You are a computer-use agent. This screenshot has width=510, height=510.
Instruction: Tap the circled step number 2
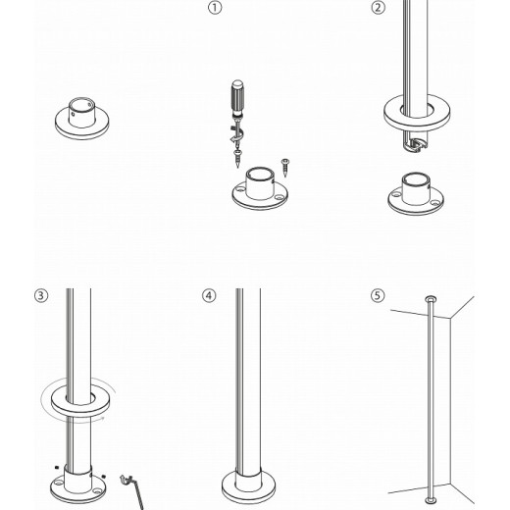pyautogui.click(x=379, y=9)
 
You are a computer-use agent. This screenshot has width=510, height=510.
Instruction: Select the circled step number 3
pyautogui.click(x=40, y=295)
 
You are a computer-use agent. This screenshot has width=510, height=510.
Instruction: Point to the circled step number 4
pyautogui.click(x=209, y=295)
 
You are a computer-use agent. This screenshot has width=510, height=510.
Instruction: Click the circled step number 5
pyautogui.click(x=379, y=295)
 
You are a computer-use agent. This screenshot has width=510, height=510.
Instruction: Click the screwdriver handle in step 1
pyautogui.click(x=235, y=99)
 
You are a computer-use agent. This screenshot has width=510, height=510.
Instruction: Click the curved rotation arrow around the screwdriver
pyautogui.click(x=235, y=128)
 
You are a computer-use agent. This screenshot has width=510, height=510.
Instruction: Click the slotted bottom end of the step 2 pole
pyautogui.click(x=417, y=144)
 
